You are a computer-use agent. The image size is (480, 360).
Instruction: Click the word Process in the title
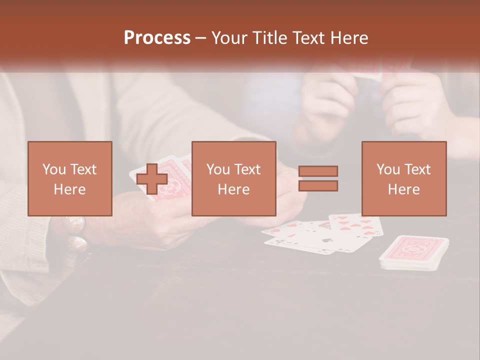point(157,37)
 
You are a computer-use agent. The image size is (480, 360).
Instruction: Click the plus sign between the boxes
point(152,178)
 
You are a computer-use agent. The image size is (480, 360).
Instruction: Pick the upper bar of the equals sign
point(318,170)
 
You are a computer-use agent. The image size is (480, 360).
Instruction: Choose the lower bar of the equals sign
point(318,186)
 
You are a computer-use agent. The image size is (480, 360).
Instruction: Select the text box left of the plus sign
point(70,178)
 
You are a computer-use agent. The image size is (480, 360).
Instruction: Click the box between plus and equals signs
point(234,178)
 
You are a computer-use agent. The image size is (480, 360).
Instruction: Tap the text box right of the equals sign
point(404,178)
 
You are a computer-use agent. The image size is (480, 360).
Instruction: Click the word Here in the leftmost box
point(70,189)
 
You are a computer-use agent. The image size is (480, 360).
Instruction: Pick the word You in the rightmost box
point(388,169)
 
